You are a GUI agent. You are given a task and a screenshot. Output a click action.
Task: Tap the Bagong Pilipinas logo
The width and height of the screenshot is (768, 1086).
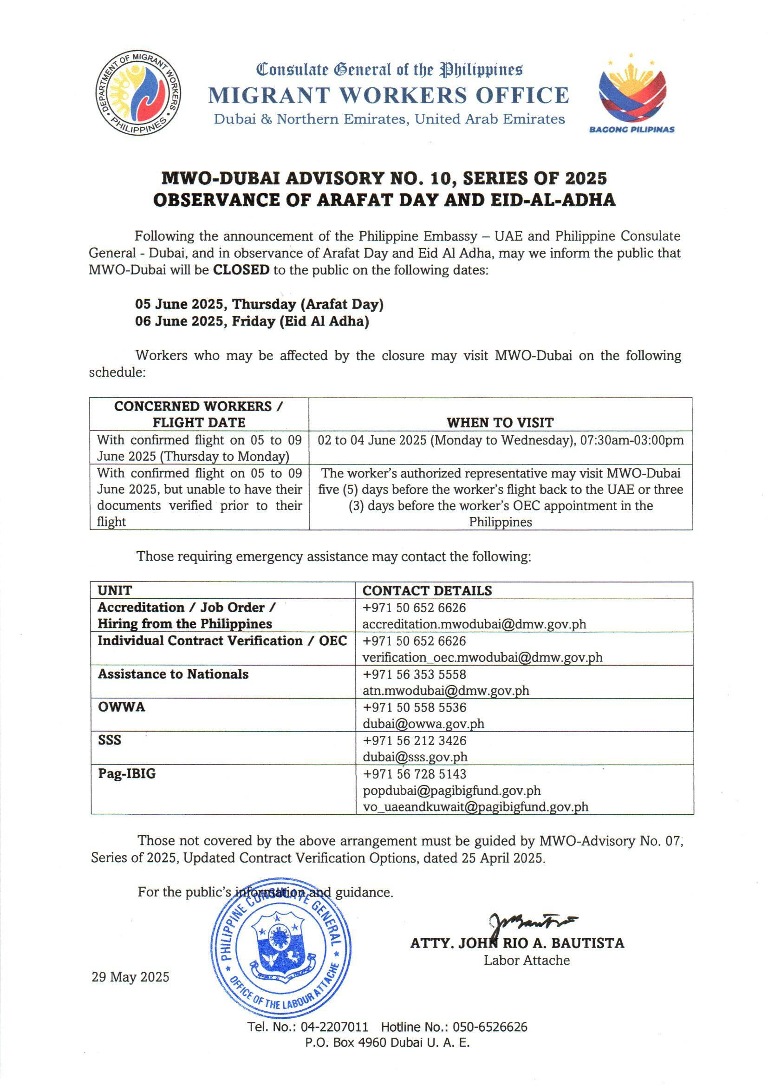631,95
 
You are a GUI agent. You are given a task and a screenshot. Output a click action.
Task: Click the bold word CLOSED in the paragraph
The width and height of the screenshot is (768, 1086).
241,270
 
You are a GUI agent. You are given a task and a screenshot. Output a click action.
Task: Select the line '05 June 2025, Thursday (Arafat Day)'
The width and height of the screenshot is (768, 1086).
259,304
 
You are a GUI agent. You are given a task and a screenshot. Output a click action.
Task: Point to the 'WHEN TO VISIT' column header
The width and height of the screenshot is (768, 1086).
501,422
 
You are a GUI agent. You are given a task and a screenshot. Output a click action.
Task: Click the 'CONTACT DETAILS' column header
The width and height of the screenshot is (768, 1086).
427,590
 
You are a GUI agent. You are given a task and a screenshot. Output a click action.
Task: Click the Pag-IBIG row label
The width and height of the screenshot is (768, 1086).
127,773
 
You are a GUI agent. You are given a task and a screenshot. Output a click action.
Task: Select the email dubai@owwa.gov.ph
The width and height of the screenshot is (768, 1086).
423,724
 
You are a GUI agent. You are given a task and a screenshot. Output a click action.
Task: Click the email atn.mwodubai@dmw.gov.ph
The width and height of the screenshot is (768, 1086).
445,691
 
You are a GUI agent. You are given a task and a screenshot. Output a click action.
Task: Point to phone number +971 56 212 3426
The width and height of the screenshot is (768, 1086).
414,740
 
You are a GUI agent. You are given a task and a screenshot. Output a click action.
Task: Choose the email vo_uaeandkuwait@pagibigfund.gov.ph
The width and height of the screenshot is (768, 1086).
475,806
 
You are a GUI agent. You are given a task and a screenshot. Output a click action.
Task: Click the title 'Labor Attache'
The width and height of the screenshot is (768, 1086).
527,960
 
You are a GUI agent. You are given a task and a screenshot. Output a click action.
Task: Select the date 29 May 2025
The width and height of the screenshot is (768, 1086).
130,977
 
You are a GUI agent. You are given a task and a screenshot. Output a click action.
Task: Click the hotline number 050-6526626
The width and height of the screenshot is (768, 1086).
490,1027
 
